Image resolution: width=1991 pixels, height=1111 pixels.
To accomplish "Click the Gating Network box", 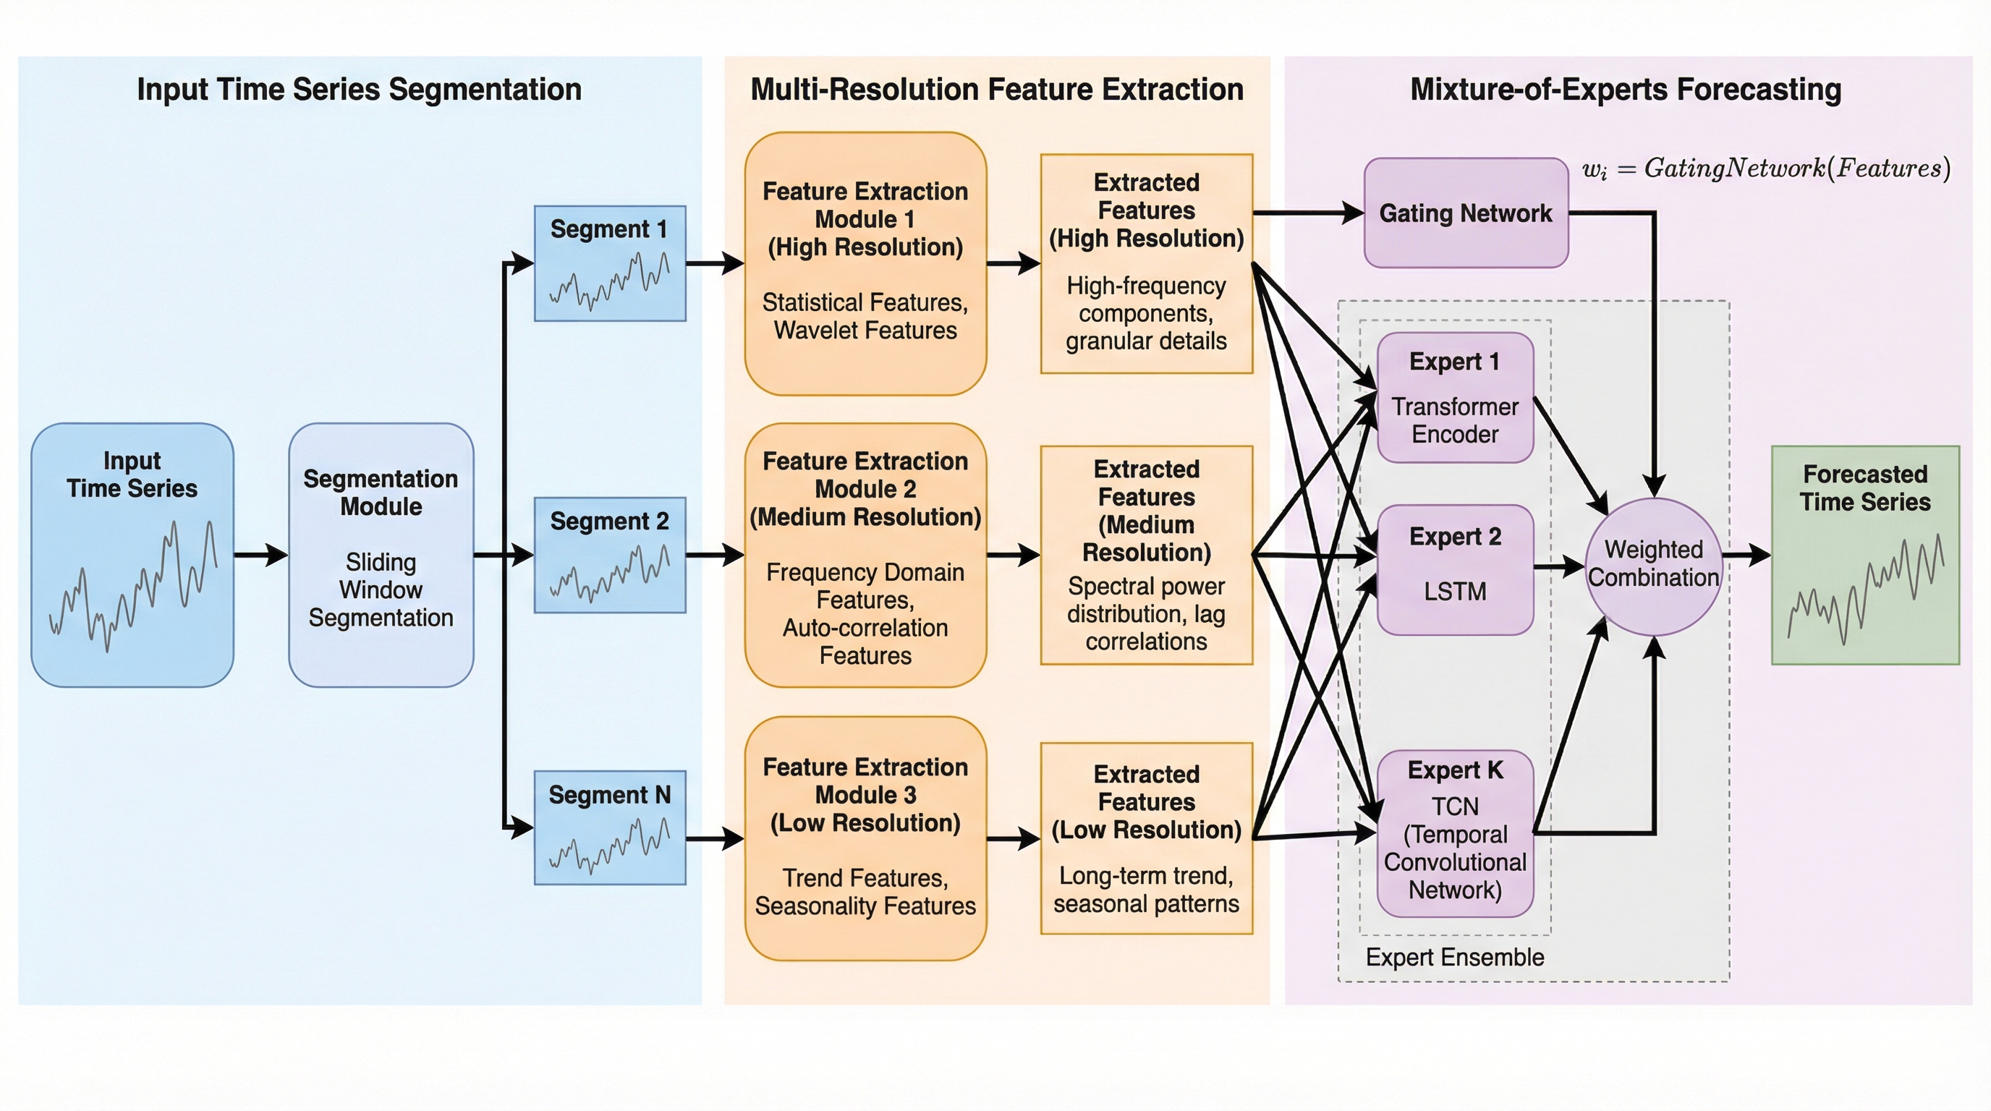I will coord(1466,213).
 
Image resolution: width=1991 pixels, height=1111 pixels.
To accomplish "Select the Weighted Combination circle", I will coord(1653,566).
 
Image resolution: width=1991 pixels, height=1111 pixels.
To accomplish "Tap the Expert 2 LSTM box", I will coord(1455,570).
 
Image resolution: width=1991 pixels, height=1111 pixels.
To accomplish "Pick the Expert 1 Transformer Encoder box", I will coord(1455,398).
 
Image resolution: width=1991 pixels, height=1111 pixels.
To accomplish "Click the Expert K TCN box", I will coord(1455,833).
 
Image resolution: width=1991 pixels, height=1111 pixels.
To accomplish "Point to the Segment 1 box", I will coord(610,263).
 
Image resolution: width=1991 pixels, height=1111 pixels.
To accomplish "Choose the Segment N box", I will coord(610,827).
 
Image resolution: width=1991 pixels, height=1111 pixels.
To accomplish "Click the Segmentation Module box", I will coord(381,555).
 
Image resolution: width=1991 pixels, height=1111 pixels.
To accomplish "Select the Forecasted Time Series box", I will coord(1865,555).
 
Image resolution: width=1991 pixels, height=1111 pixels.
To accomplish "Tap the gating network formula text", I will coord(1765,169).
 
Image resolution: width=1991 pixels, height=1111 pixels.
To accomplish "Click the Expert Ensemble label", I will coord(1454,957).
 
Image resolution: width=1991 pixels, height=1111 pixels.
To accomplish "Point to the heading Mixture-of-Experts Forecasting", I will coord(1626,90).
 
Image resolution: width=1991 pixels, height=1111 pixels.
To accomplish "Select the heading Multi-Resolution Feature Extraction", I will coord(997,90).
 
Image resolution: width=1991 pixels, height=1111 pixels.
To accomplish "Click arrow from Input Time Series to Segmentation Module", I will coord(260,555).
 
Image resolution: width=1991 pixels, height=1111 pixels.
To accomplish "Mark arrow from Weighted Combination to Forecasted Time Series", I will coord(1746,554).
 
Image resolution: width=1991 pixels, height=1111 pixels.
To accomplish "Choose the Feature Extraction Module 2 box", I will coord(865,555).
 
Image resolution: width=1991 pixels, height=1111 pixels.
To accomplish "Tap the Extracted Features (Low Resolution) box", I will coord(1146,838).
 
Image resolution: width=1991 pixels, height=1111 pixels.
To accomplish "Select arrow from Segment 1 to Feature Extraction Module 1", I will coord(714,263).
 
